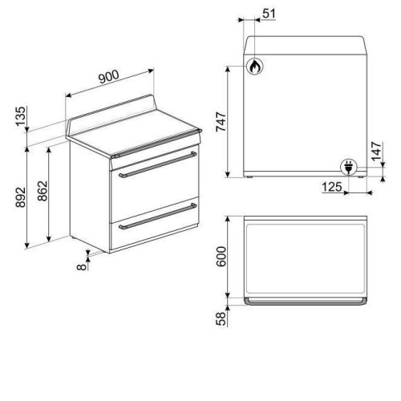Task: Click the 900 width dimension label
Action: (x=109, y=77)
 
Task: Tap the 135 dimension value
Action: (x=21, y=116)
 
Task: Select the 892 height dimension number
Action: (x=21, y=197)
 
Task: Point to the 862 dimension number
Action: (x=43, y=191)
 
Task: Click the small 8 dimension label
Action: (x=82, y=266)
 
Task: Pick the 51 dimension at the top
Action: (x=269, y=14)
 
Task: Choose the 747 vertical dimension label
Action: (x=221, y=122)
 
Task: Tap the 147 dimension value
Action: (x=377, y=151)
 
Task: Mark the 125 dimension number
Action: (x=332, y=187)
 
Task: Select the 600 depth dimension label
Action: (x=221, y=257)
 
